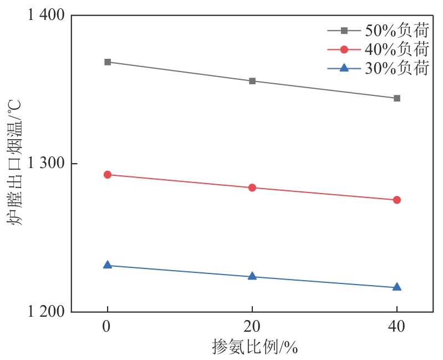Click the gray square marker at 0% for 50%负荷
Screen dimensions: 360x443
108,62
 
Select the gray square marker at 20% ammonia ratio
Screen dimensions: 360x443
252,81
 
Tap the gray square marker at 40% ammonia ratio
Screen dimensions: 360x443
397,98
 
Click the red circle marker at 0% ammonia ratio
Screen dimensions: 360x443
108,175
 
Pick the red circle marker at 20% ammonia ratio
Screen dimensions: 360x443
252,187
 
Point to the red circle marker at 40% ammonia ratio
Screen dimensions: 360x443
397,200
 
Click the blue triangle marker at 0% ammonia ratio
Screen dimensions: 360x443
108,265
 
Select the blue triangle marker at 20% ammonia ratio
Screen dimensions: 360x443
252,276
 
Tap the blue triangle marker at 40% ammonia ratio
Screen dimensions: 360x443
397,287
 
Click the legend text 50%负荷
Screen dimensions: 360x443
396,31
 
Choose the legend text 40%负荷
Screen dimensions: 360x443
396,49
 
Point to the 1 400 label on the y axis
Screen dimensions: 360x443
45,15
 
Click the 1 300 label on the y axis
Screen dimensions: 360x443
45,164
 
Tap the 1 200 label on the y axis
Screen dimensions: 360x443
45,312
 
